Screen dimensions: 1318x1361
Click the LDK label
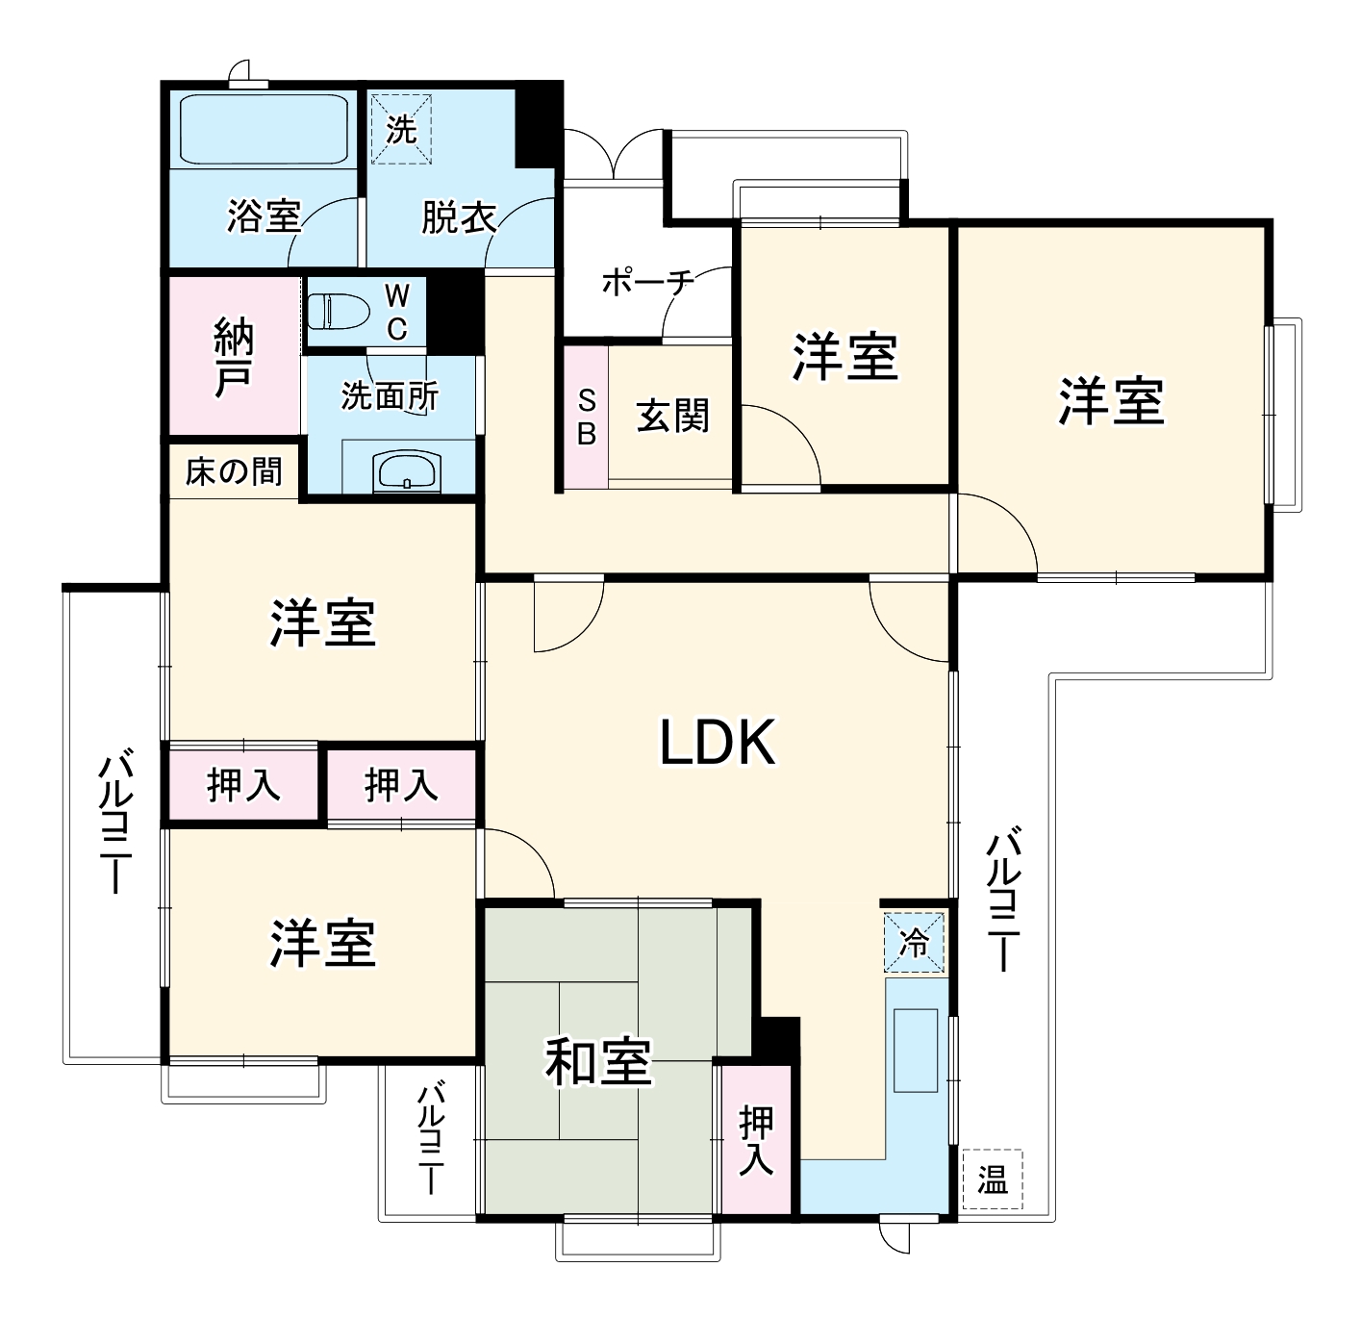(x=717, y=743)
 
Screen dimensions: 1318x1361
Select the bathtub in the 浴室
(x=264, y=129)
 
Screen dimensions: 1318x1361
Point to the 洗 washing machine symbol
(x=401, y=129)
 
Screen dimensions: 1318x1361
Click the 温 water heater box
(x=992, y=1179)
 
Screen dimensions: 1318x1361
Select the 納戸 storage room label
(x=234, y=357)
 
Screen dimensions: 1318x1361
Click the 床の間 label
(x=234, y=471)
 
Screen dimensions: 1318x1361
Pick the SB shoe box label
(x=586, y=417)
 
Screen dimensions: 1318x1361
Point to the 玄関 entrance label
(x=672, y=416)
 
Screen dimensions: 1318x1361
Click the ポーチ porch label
(x=646, y=283)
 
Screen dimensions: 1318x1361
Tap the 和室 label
(x=598, y=1062)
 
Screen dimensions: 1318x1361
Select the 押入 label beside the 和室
(x=756, y=1140)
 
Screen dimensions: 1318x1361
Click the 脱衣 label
(x=458, y=217)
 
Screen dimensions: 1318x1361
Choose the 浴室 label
(x=264, y=215)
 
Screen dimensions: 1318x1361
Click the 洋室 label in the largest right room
(x=1111, y=401)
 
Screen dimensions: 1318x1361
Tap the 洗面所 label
(x=390, y=395)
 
